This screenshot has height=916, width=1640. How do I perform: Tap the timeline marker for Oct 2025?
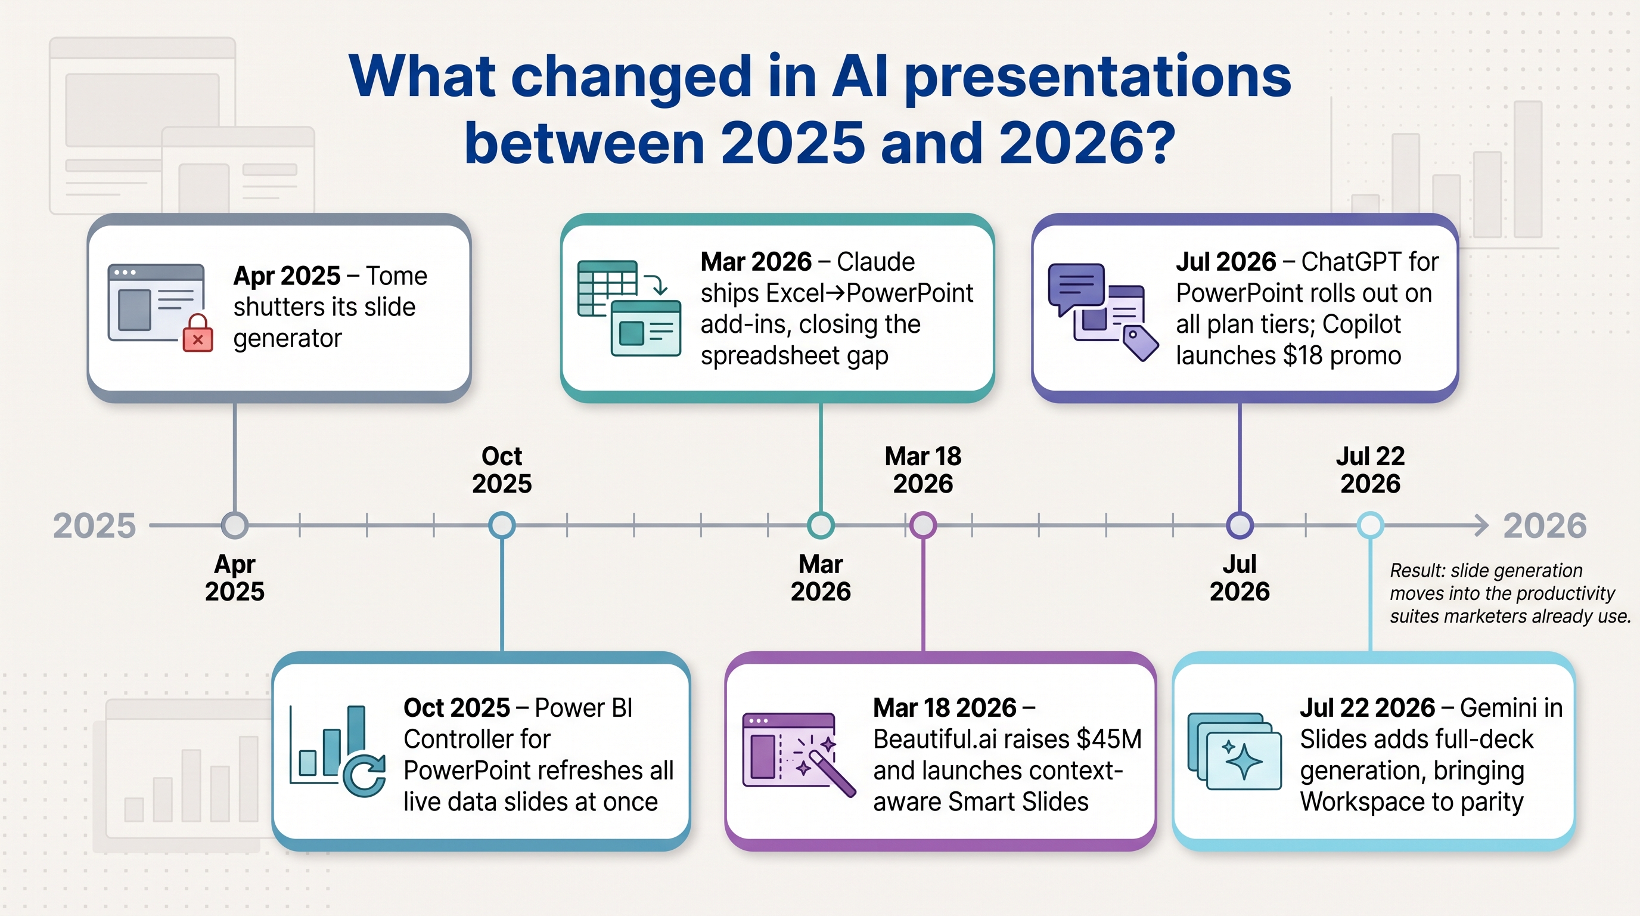tap(502, 525)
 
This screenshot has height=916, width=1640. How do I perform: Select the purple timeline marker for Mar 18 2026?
tap(923, 525)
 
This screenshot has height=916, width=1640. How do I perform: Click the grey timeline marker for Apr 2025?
tap(235, 525)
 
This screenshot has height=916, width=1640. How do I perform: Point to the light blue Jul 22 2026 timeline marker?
tap(1371, 525)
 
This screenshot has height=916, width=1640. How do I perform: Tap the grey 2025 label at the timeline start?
tap(94, 526)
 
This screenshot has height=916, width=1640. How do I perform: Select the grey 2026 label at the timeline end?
tap(1545, 526)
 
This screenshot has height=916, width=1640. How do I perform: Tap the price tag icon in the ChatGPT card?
tap(1141, 343)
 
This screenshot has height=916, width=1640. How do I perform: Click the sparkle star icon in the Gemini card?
tap(1243, 760)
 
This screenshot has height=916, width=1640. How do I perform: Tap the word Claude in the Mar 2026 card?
tap(875, 262)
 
